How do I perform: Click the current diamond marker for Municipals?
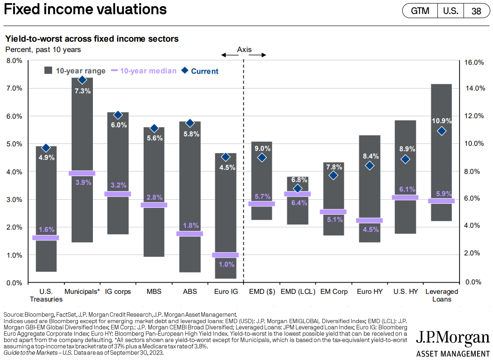coord(82,80)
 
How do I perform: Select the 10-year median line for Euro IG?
coord(225,255)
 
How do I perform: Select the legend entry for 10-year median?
coord(144,71)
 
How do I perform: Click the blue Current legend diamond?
coord(184,71)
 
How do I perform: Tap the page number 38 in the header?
coord(476,11)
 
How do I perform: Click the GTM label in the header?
coord(420,11)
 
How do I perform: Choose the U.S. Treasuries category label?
coord(46,295)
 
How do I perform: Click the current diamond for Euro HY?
coord(369,166)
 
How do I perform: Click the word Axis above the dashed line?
coord(244,49)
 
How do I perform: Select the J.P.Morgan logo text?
coord(453,339)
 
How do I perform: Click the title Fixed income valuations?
coord(85,10)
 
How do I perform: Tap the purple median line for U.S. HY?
coord(406,197)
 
